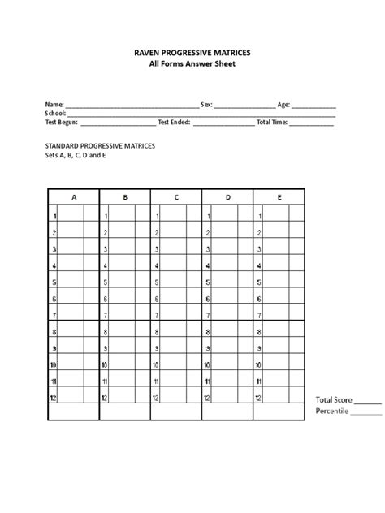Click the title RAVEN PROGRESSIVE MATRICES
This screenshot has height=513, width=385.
click(192, 52)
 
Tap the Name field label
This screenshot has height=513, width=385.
click(54, 106)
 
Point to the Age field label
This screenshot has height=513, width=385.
click(283, 106)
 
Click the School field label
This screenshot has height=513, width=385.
click(55, 114)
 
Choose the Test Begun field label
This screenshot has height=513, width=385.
click(62, 123)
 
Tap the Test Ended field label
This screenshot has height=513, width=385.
click(174, 123)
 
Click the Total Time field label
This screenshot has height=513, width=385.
click(272, 123)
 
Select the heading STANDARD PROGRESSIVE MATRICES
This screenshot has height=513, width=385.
click(100, 145)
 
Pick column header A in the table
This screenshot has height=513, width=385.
click(74, 197)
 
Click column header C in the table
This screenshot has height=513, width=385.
click(176, 197)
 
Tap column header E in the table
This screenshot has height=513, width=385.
click(279, 197)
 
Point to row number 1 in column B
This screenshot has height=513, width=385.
click(106, 217)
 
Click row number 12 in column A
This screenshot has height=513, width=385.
click(54, 398)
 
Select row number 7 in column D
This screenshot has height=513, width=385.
click(209, 315)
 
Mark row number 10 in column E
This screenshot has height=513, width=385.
click(259, 365)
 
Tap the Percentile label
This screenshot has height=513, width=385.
click(331, 412)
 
